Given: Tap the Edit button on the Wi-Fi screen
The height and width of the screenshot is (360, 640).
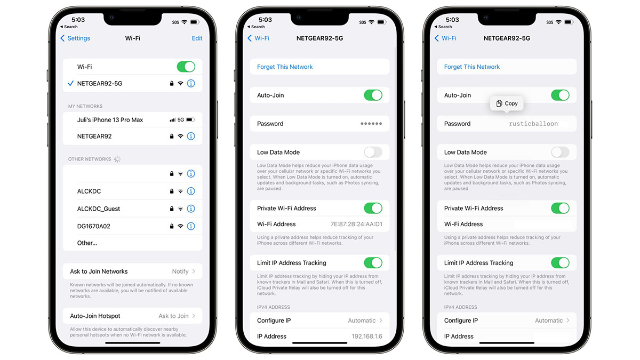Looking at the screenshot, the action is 197,38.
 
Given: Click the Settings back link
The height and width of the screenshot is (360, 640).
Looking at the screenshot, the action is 75,38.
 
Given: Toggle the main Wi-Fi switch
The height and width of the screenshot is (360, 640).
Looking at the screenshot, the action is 186,67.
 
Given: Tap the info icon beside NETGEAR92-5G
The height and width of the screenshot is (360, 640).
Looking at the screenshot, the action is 191,83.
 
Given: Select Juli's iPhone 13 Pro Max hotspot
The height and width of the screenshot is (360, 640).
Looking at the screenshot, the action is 110,119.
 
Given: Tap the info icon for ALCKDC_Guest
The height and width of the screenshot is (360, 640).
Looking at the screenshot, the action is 191,209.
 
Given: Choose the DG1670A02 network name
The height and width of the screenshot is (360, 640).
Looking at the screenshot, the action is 94,226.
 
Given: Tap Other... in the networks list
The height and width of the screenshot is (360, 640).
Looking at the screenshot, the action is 87,243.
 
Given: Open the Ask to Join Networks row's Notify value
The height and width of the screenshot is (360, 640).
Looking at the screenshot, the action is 180,271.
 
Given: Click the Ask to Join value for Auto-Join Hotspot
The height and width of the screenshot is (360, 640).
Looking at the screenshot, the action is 173,316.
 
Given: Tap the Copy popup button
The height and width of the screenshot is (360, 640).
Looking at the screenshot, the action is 507,103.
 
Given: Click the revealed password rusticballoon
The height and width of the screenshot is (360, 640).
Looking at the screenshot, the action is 533,124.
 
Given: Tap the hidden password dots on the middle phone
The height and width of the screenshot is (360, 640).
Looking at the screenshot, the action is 371,124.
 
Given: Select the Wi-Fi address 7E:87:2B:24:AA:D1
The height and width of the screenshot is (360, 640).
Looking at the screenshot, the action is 356,224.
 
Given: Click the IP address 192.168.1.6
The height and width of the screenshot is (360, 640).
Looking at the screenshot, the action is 367,337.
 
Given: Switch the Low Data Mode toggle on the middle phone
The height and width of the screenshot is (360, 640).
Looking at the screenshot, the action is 373,153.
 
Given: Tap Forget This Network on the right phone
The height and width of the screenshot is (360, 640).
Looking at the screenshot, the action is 472,67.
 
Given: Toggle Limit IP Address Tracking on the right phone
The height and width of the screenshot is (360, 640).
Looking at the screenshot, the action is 561,263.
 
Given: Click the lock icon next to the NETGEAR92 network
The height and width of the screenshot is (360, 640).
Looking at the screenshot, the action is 172,137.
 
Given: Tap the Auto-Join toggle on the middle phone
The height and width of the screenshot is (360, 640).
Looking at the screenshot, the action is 373,95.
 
